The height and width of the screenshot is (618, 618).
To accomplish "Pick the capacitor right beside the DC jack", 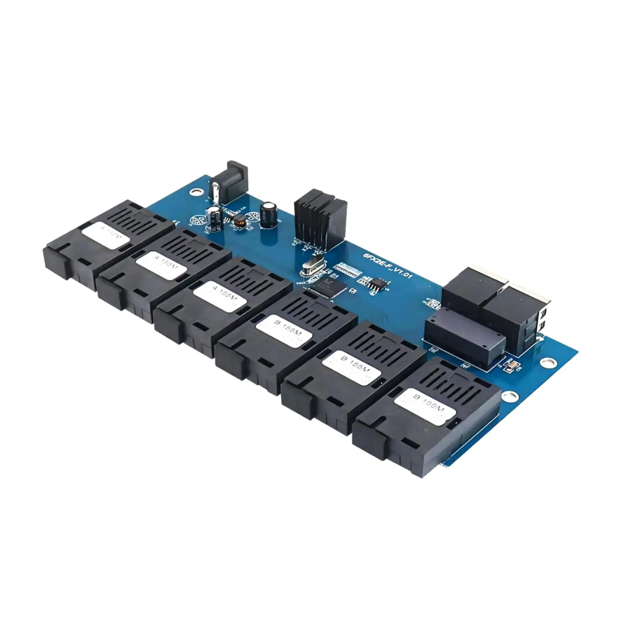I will pyautogui.click(x=214, y=219).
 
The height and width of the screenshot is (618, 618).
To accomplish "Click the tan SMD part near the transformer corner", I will pyautogui.click(x=511, y=364).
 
